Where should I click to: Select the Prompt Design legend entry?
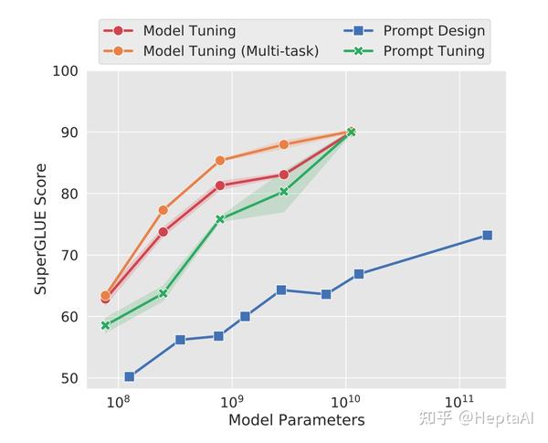[x=416, y=30]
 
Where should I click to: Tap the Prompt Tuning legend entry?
[x=416, y=51]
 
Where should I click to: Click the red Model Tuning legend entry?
[x=174, y=30]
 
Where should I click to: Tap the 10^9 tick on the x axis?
[x=232, y=401]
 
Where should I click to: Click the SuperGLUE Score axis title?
[x=41, y=228]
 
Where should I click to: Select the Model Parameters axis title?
[x=296, y=420]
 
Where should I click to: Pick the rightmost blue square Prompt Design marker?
[x=487, y=236]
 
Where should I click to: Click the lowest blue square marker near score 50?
[x=129, y=376]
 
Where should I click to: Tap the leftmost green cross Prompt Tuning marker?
[x=106, y=325]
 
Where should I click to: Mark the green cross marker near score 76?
[x=220, y=219]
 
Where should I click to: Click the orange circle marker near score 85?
[x=220, y=161]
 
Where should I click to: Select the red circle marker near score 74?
[x=163, y=232]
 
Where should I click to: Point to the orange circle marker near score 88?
[x=284, y=145]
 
